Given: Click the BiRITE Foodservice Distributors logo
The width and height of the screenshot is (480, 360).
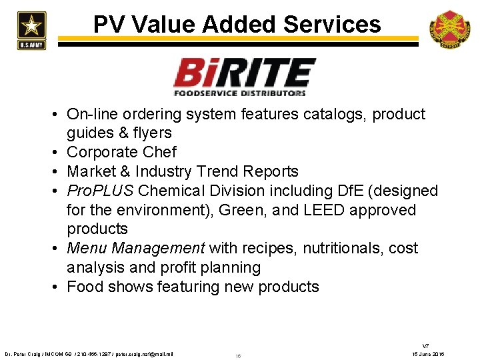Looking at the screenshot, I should pos(244,77).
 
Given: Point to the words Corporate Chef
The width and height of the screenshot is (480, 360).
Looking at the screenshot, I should pos(122,153).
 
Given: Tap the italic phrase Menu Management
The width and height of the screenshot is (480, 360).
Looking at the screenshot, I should pos(136,249).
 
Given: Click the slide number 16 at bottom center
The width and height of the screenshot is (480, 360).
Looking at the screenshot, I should pos(238,356).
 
